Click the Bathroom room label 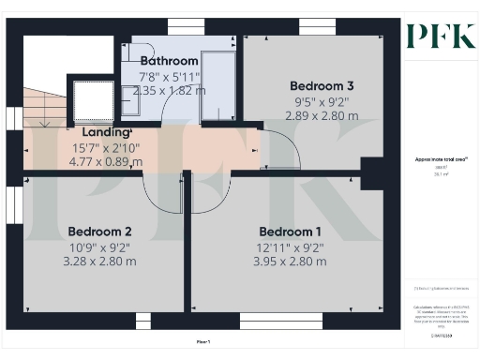169,60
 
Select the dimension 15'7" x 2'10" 107,147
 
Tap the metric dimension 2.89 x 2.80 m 322,115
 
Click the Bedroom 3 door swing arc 279,150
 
